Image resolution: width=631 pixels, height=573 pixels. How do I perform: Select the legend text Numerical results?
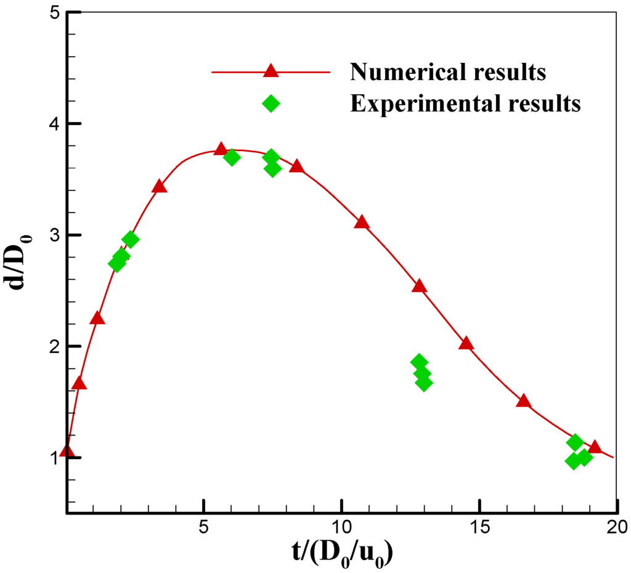coord(448,72)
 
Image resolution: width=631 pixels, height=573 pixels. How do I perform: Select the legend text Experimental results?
coord(465,104)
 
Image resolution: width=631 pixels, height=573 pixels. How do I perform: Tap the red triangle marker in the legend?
coord(271,71)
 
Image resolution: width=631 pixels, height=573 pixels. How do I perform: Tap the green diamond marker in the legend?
coord(271,104)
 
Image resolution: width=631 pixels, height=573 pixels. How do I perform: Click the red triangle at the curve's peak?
coord(221,150)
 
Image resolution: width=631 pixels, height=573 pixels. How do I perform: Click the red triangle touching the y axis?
coord(67,452)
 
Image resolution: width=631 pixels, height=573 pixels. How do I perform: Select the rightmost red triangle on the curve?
coord(595,447)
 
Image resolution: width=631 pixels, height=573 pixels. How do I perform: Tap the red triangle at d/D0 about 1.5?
coord(523,401)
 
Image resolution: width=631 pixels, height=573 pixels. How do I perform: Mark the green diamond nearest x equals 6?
coord(232,157)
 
